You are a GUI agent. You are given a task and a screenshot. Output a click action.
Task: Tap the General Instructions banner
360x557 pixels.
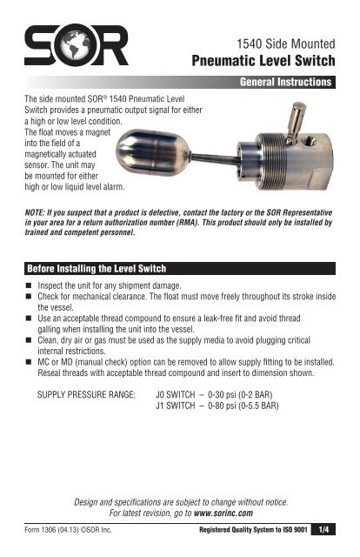point(288,84)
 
